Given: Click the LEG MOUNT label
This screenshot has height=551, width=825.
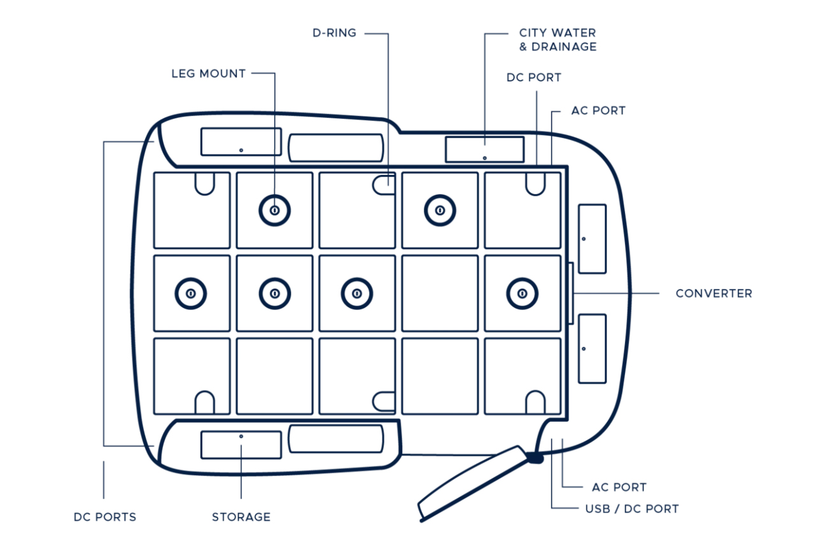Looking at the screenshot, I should [x=208, y=74].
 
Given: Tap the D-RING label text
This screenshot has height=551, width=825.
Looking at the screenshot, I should [x=334, y=33].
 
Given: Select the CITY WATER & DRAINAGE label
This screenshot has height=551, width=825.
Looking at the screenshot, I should [x=558, y=39].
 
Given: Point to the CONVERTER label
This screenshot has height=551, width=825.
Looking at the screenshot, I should [x=714, y=294].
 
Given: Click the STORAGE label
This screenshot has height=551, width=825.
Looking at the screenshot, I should [x=241, y=517].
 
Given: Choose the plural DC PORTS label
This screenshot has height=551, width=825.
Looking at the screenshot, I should [x=105, y=517].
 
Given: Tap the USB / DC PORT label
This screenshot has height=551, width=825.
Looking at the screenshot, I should [x=631, y=509].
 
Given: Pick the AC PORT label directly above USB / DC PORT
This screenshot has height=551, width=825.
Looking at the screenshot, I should [x=619, y=487].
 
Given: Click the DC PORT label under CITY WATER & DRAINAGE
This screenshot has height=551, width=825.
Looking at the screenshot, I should [x=533, y=78].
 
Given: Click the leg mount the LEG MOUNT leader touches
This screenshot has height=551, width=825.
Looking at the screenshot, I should [x=274, y=210].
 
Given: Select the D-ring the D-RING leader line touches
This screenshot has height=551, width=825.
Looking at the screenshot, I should [x=384, y=185].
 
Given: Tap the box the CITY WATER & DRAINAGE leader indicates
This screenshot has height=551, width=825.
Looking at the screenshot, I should [x=484, y=150].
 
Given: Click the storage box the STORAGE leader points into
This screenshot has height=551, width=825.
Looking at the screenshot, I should [x=241, y=445].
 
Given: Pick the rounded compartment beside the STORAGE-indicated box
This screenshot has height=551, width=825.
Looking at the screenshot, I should [x=335, y=439].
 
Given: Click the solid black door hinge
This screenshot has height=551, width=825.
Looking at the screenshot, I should [x=535, y=456].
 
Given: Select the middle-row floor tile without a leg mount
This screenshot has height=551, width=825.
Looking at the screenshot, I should [x=440, y=293].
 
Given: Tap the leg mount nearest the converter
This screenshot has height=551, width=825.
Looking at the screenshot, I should [x=522, y=293].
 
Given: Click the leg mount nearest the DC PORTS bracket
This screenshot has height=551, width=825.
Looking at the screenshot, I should [x=191, y=293].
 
